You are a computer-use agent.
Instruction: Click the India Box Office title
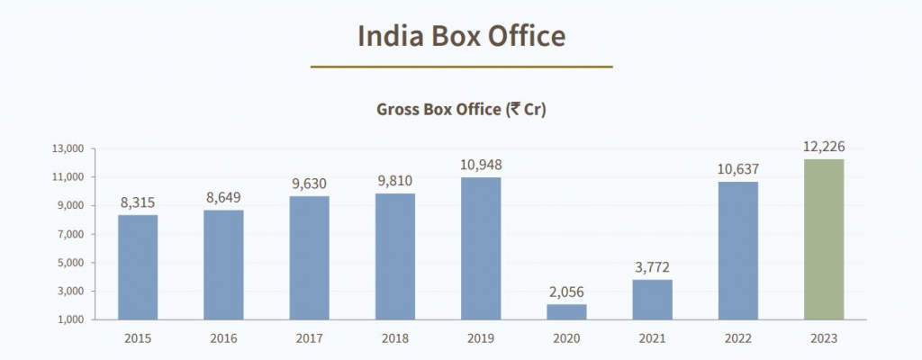click(x=461, y=36)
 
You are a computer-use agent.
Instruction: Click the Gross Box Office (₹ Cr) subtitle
click(x=461, y=110)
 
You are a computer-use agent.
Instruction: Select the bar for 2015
click(x=138, y=267)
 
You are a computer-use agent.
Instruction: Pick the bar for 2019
click(x=481, y=248)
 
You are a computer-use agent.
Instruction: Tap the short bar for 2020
click(x=566, y=311)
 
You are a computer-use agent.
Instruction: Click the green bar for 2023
click(x=824, y=239)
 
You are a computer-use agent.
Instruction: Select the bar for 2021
click(x=652, y=300)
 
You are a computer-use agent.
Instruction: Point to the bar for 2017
click(x=310, y=258)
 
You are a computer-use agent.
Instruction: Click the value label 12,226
click(x=824, y=147)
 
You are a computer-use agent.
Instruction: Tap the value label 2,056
click(x=566, y=292)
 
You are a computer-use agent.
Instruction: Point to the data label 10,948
click(x=481, y=165)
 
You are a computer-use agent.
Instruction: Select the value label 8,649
click(x=223, y=197)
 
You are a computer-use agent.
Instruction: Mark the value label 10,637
click(x=737, y=169)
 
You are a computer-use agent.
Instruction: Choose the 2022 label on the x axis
click(x=737, y=338)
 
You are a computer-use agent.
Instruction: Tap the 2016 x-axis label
click(x=223, y=338)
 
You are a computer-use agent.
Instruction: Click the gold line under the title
click(x=461, y=67)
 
